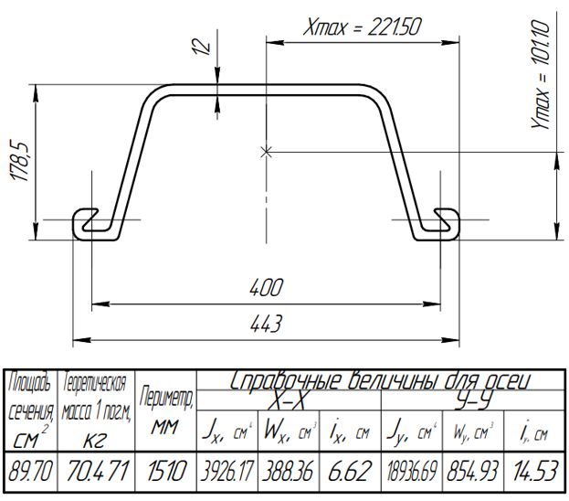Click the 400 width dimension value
[266, 288]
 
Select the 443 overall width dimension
[266, 324]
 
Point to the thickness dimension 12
[202, 46]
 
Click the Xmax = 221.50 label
[363, 27]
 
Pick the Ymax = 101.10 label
[541, 74]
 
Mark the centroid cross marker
[267, 153]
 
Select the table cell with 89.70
[30, 471]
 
